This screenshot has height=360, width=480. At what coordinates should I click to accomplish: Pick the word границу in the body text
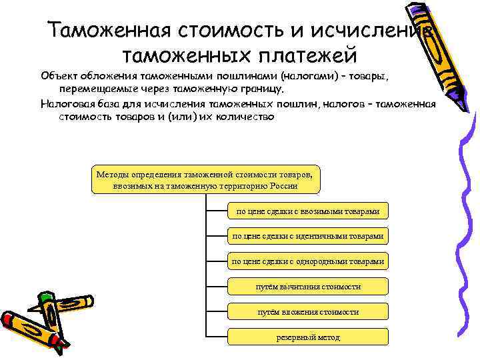[x=264, y=88]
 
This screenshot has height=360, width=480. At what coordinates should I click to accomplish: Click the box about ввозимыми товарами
[x=308, y=211]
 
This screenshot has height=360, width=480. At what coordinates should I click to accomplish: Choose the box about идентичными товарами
[x=308, y=236]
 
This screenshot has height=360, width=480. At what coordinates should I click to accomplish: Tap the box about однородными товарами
[x=308, y=261]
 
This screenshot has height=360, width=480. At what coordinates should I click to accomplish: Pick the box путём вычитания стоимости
[x=308, y=286]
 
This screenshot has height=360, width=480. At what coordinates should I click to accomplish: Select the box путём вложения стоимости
[x=308, y=311]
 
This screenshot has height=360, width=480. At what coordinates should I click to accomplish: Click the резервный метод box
[x=308, y=337]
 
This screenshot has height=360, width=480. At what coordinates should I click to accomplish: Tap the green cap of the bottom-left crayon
[x=45, y=295]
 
